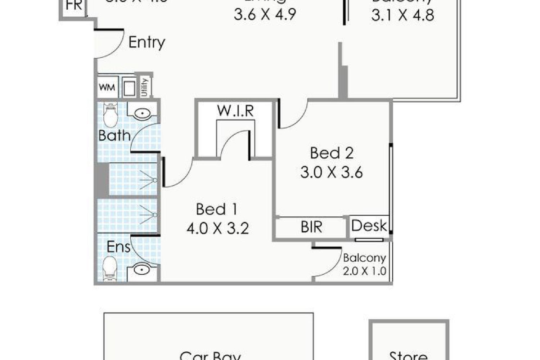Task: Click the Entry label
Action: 147,42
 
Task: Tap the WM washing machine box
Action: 107,87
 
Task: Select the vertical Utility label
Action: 145,87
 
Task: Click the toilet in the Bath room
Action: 110,115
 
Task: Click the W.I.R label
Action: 235,111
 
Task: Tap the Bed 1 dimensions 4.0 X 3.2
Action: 217,228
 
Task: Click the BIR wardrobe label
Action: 311,228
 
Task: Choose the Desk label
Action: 369,226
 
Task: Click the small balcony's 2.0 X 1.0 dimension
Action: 364,271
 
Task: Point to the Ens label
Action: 118,247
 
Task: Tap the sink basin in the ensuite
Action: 142,269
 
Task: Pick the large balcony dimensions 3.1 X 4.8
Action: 402,16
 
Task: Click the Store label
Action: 409,356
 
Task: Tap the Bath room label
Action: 114,136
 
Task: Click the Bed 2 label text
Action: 332,153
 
